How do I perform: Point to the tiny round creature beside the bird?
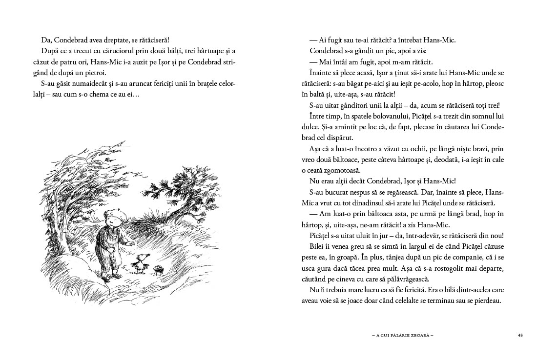tap(159, 269)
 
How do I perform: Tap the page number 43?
tap(520, 335)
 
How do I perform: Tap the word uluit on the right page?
tap(356, 235)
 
